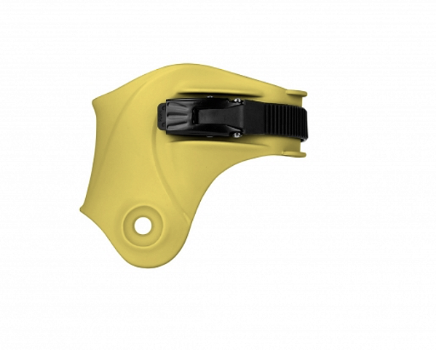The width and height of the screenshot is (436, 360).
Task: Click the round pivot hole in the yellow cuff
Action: coord(143,225)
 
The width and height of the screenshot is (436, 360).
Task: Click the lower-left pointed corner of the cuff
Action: coord(82,211)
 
